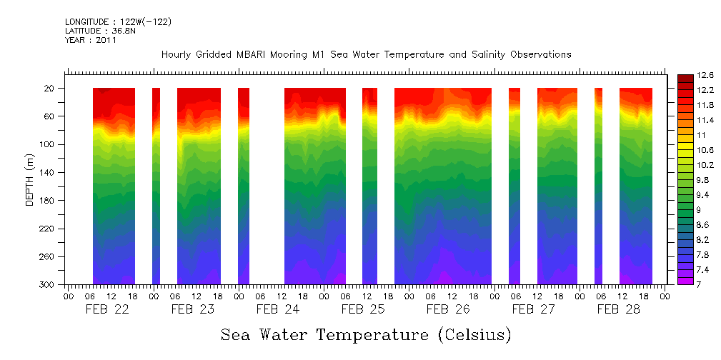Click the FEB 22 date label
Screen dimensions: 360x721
(107, 309)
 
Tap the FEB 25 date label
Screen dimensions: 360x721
(362, 309)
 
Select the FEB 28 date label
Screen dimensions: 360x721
(618, 309)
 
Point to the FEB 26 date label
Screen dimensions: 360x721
(448, 309)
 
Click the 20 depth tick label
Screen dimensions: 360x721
(50, 89)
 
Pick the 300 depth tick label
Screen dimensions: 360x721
(47, 285)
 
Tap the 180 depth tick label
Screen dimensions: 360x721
(47, 201)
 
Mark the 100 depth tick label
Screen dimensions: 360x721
(47, 145)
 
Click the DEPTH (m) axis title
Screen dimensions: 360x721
(30, 184)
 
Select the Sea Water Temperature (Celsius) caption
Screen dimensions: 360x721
(366, 334)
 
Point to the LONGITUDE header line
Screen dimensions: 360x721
(118, 22)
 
